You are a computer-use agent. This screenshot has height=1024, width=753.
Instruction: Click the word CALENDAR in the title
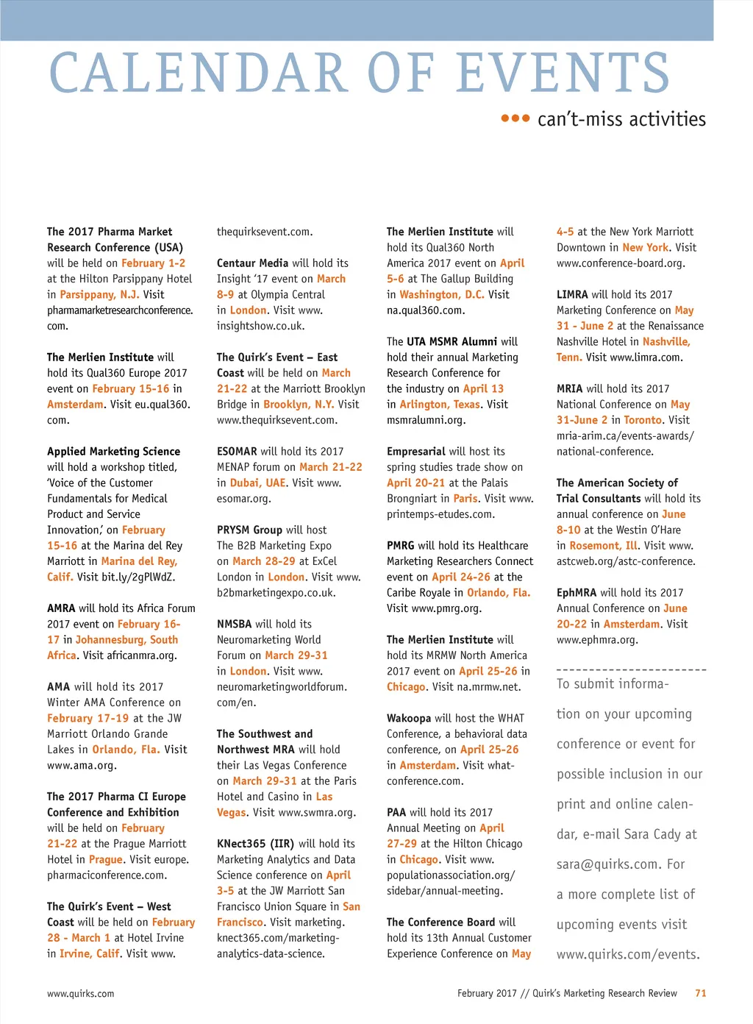tap(198, 74)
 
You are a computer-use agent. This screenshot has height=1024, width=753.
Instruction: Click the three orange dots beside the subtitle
tap(515, 118)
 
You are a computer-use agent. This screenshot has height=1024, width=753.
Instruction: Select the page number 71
tap(700, 993)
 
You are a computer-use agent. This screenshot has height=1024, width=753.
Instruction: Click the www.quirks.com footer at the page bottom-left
tap(80, 994)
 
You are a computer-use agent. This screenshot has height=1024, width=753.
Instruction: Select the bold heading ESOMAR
tap(237, 452)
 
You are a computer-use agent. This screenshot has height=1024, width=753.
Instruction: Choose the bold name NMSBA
tap(234, 625)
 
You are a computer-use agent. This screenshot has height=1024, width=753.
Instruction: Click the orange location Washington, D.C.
tap(442, 294)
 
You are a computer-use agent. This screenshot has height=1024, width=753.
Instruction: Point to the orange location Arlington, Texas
tap(440, 405)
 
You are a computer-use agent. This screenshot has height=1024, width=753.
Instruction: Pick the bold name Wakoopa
tap(409, 719)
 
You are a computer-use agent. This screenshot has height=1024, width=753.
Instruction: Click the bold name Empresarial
tap(416, 452)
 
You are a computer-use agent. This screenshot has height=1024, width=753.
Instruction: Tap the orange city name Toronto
tap(643, 420)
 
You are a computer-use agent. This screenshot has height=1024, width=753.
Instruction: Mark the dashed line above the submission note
tap(631, 670)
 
